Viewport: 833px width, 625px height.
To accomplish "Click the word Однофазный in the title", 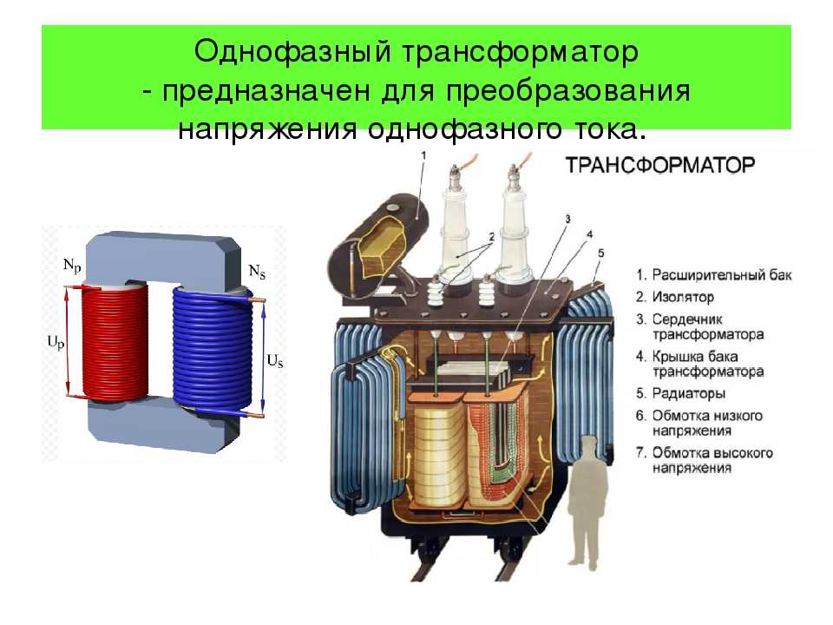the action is (292, 52).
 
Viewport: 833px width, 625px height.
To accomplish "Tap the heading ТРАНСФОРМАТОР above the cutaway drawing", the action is (660, 165).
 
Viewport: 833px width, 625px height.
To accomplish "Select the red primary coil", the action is (115, 345).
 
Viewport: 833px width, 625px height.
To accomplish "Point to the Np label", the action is (72, 265).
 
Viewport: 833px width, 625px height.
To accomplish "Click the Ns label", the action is (257, 272).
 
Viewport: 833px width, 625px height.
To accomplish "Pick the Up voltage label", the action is (56, 343).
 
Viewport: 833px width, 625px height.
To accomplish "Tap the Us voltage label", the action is (275, 361).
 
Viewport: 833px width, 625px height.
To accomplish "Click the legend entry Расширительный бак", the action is (714, 275).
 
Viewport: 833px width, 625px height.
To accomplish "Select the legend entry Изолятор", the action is (675, 297).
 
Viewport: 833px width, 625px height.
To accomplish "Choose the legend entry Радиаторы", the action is (680, 394).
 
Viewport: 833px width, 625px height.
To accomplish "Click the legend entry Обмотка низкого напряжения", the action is (699, 424).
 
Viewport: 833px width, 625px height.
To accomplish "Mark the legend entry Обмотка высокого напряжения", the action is (705, 461).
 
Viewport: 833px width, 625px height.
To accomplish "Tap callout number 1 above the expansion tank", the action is (423, 155).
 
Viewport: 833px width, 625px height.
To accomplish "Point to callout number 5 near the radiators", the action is (601, 253).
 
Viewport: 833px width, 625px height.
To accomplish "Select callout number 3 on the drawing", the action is (567, 219).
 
